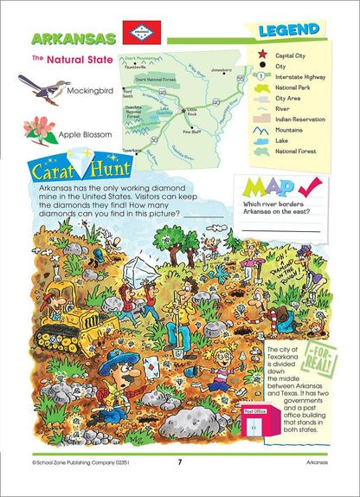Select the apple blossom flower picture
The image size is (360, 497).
point(38,131)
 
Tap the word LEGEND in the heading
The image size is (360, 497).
point(288,31)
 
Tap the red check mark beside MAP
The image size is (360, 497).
point(308,189)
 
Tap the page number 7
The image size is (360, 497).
point(179,461)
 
